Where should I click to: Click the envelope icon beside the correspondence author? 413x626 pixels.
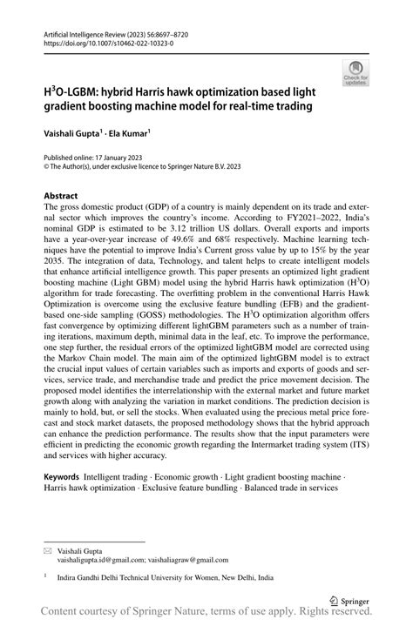coord(49,550)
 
